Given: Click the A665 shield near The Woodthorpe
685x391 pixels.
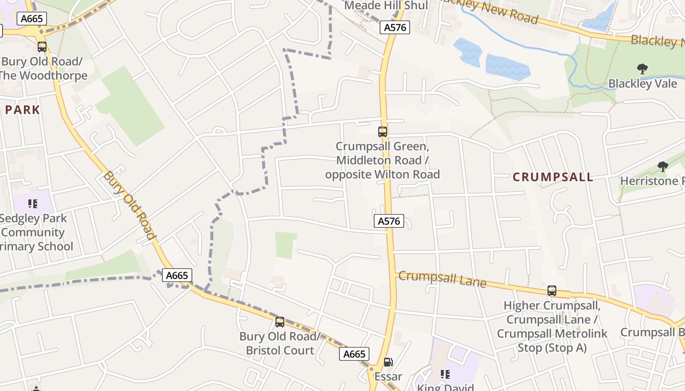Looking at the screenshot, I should [x=32, y=19].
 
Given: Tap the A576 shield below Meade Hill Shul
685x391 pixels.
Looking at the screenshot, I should [x=395, y=27].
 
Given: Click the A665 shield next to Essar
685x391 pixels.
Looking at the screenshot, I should [x=354, y=354].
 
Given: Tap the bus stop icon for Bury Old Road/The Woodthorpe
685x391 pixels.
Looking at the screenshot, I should [x=42, y=47].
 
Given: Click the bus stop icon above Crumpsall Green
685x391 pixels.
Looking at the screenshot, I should [x=383, y=131].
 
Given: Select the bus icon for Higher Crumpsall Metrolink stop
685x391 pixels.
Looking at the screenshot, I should [x=552, y=291].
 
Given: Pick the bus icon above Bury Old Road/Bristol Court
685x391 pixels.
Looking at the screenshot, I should [x=280, y=322].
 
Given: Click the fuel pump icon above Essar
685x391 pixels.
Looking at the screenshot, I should [x=388, y=362].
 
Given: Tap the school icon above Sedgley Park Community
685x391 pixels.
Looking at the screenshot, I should [x=33, y=203].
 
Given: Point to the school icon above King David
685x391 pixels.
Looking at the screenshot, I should [x=445, y=374].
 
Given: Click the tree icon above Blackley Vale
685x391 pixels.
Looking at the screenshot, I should [x=642, y=69].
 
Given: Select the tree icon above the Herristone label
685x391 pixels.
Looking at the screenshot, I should [x=663, y=167].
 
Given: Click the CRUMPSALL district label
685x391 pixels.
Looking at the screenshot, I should [x=553, y=177].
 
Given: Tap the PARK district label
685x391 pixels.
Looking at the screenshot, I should [x=23, y=109].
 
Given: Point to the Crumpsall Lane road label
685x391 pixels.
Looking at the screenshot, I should [x=442, y=279].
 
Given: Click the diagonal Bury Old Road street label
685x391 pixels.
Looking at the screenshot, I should [x=130, y=205].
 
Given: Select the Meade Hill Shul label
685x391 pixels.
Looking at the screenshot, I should [x=386, y=6].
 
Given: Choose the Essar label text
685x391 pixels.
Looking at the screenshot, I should [x=388, y=376].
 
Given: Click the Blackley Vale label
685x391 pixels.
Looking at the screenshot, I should [x=642, y=84].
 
